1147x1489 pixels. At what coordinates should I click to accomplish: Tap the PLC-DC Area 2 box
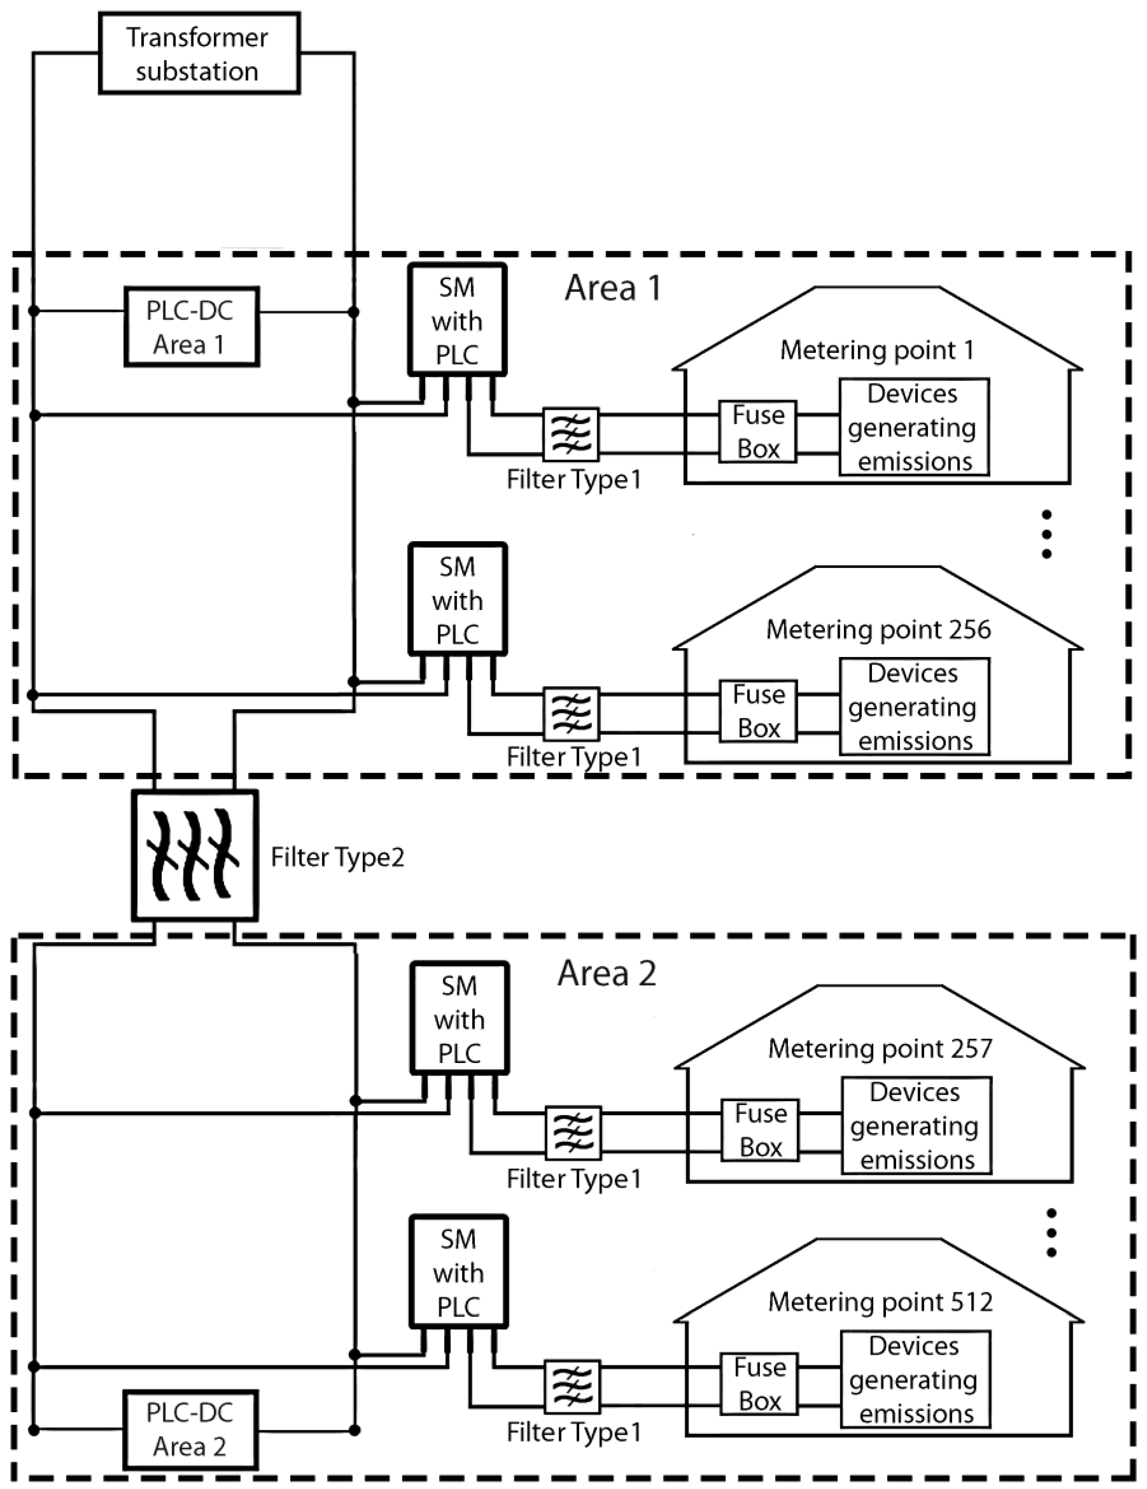(190, 1430)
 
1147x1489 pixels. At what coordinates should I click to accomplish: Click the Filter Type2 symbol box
(195, 856)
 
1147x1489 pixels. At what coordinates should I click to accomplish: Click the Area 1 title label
(612, 288)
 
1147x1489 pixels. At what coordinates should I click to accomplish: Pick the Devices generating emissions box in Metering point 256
(914, 706)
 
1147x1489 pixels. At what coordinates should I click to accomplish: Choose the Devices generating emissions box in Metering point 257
(916, 1126)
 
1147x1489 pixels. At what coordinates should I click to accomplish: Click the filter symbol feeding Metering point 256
(571, 714)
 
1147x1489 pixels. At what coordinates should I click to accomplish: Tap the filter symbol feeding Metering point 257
(573, 1133)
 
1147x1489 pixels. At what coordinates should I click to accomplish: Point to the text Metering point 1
(877, 351)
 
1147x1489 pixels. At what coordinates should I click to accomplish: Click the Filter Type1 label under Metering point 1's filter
(573, 480)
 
